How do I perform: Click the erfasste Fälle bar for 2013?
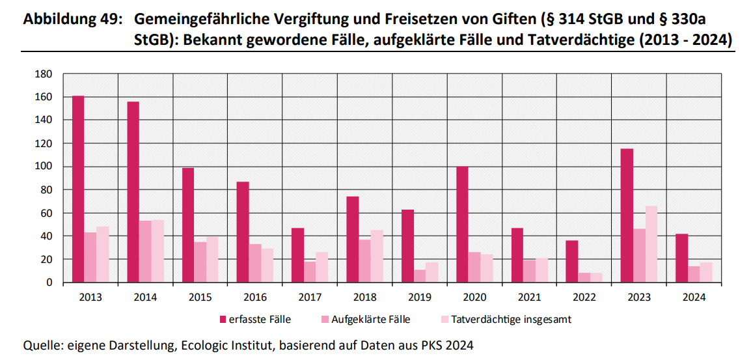pos(78,189)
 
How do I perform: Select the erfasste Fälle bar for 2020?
pos(462,225)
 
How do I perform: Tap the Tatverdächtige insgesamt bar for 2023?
pos(651,244)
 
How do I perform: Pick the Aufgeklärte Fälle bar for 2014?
pos(145,251)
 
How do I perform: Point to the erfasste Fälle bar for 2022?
pos(571,261)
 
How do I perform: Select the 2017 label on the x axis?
pos(309,298)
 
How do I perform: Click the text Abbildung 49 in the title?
pos(72,20)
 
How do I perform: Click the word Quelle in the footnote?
pos(42,345)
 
